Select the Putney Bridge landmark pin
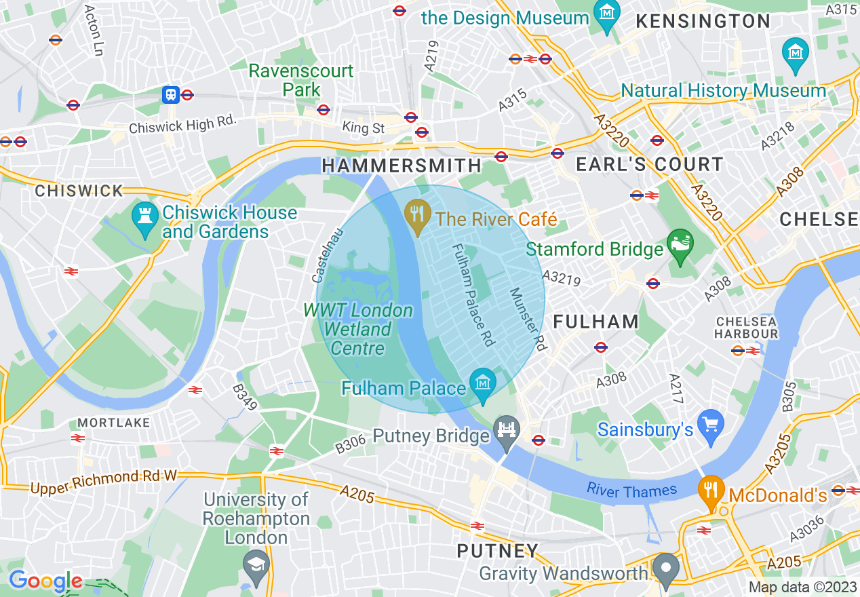point(508,431)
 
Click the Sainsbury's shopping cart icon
point(711,425)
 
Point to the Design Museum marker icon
point(605,12)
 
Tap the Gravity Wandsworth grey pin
point(666,569)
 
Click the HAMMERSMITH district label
point(402,166)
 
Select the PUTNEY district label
point(498,551)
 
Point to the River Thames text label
point(632,490)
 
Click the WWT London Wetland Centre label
point(357,330)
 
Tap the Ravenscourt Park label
point(301,80)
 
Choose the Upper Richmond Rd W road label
point(103,482)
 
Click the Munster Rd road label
point(528,319)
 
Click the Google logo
point(45,581)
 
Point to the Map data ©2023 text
point(802,587)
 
